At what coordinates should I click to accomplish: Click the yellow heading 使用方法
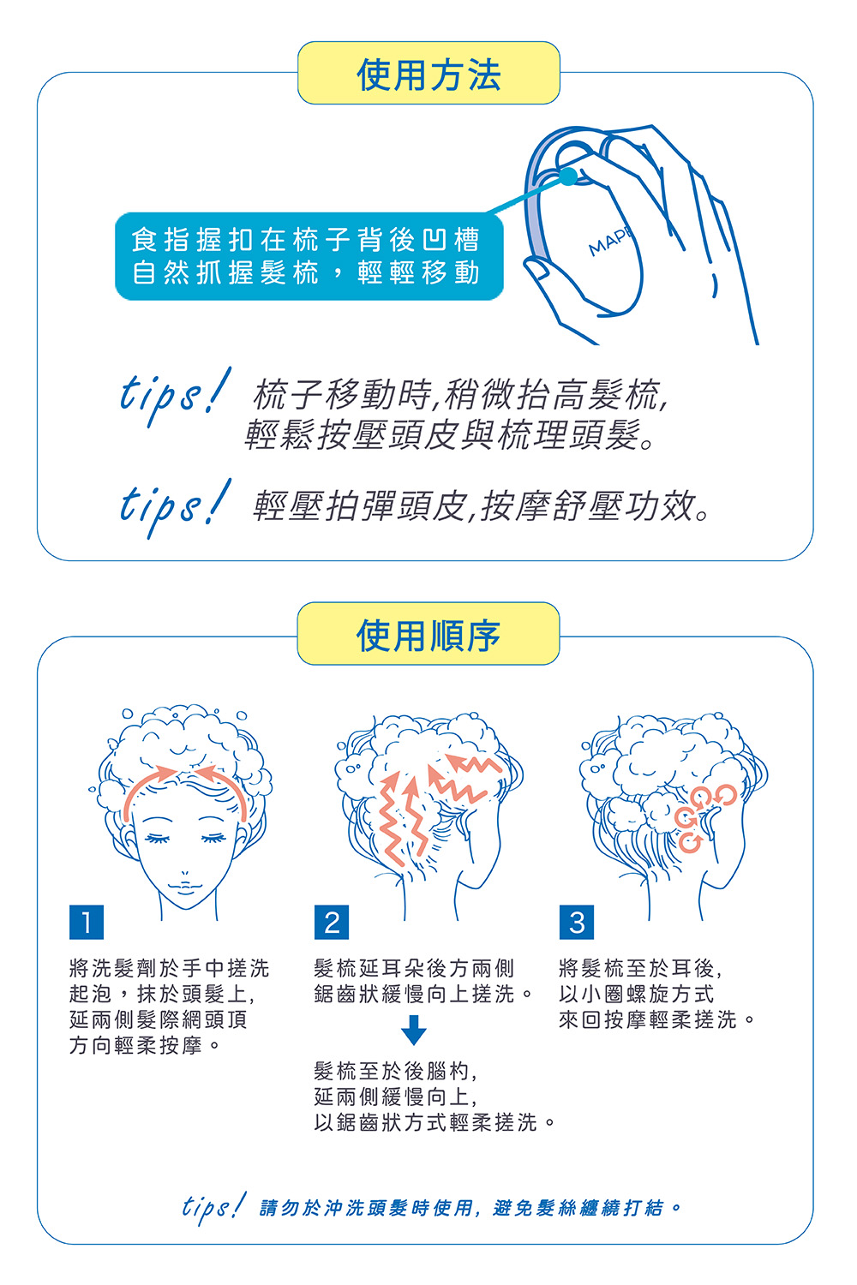428,74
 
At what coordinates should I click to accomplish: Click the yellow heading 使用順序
428,635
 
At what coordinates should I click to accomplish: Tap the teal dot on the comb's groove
567,176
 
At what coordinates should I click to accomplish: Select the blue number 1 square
87,922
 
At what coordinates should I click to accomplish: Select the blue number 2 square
332,922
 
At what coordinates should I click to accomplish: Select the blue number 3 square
577,922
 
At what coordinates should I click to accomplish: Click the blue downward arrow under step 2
413,1030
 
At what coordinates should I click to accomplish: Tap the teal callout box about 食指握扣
309,256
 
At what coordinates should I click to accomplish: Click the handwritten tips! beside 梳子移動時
175,396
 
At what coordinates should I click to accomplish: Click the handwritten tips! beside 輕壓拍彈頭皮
175,508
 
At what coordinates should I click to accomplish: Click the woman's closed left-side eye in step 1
158,838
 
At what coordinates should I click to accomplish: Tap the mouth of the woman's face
185,888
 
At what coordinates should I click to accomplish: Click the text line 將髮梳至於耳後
640,968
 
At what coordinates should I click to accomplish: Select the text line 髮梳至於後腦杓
395,1071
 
